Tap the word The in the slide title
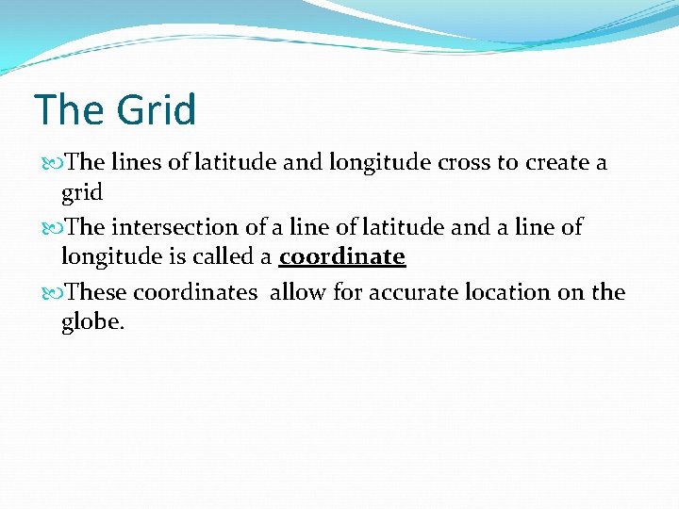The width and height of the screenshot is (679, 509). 72,110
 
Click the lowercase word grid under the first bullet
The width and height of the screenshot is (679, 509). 81,192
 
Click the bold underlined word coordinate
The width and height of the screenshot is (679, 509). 342,256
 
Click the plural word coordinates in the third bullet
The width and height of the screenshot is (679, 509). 194,292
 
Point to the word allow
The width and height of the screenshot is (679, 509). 298,292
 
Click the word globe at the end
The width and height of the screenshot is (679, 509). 91,321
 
